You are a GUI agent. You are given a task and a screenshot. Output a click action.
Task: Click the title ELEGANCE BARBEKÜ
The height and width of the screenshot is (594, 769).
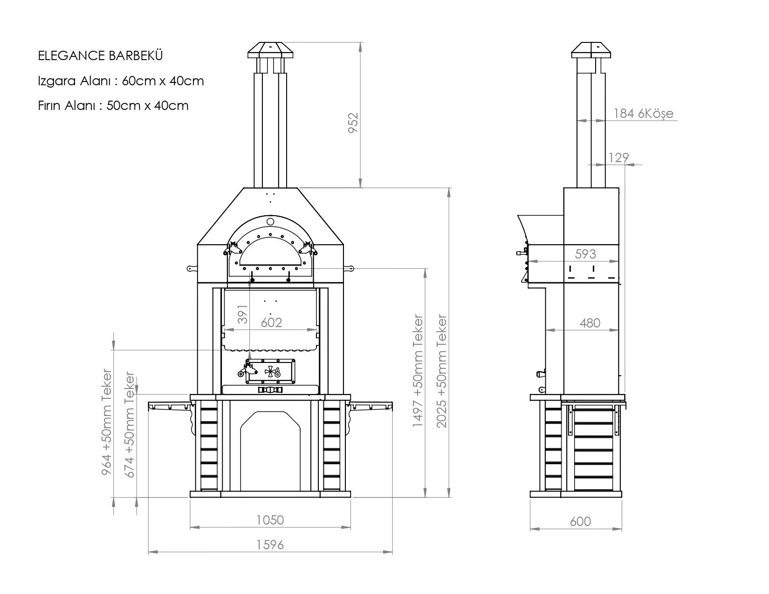pyautogui.click(x=100, y=56)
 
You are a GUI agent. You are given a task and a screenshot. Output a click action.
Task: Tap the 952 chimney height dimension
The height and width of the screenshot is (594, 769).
pyautogui.click(x=354, y=123)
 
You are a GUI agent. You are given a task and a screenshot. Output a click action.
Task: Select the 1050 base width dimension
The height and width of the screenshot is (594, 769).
pyautogui.click(x=270, y=519)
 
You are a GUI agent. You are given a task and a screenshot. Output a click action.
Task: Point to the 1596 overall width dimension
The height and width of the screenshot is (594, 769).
pyautogui.click(x=270, y=544)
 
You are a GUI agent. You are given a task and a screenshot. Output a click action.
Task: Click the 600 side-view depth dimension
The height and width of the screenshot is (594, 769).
pyautogui.click(x=580, y=521)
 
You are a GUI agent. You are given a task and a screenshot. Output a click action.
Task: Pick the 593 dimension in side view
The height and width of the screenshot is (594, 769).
pyautogui.click(x=585, y=254)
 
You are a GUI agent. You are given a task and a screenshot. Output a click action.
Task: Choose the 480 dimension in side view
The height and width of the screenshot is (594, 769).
pyautogui.click(x=590, y=323)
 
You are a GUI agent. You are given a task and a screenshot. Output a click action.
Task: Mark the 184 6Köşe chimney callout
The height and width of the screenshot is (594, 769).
pyautogui.click(x=643, y=113)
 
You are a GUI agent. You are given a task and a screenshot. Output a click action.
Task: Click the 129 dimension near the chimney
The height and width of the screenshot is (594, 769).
pyautogui.click(x=618, y=157)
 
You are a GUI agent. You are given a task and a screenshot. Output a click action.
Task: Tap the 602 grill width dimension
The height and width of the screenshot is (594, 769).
pyautogui.click(x=271, y=322)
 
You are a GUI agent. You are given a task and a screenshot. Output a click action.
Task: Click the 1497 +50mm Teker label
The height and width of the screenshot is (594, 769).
pyautogui.click(x=418, y=371)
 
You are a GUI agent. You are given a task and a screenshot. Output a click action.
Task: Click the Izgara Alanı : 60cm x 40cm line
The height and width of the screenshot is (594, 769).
pyautogui.click(x=121, y=81)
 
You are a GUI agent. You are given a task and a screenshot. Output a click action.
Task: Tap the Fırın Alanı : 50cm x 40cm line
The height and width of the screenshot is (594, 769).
pyautogui.click(x=113, y=106)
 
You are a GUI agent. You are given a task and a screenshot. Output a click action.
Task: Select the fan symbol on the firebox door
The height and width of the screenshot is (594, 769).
pyautogui.click(x=270, y=371)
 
